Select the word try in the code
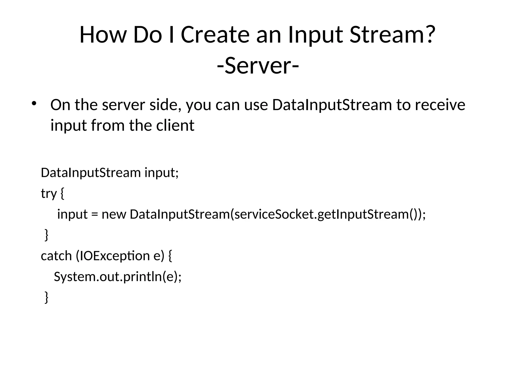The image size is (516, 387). [x=49, y=193]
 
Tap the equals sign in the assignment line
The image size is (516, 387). [x=94, y=214]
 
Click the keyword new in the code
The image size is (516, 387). [x=114, y=214]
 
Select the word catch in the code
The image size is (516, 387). [x=56, y=256]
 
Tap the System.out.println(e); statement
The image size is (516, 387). [x=118, y=277]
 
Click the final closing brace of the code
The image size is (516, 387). [x=46, y=297]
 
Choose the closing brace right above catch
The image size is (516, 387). [x=46, y=235]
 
